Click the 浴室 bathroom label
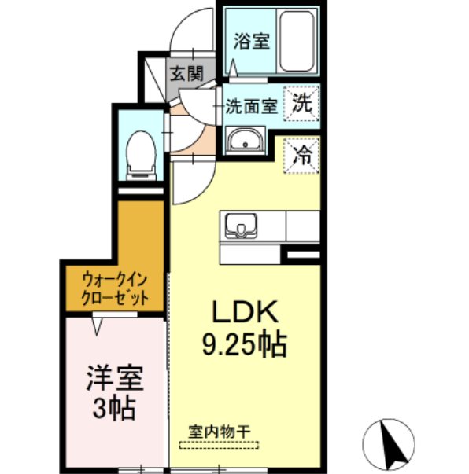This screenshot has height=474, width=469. [252, 41]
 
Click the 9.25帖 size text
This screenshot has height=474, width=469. [244, 344]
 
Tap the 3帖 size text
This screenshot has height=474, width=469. [115, 409]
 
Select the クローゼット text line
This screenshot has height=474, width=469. [115, 298]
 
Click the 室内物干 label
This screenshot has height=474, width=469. [218, 431]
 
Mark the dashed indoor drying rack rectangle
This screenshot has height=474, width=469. [218, 445]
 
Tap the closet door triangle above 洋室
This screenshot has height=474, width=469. [98, 323]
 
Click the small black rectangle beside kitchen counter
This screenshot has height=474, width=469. [301, 255]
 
